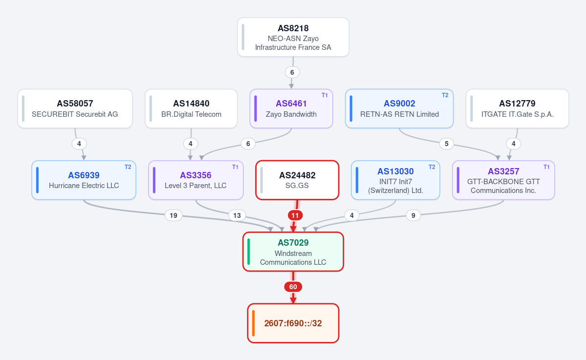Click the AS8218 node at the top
[x=293, y=37]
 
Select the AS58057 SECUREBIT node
[x=75, y=108]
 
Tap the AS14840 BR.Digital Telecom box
[x=191, y=108]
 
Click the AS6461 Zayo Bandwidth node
[x=291, y=108]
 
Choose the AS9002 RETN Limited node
[x=399, y=108]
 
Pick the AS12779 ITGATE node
[x=517, y=108]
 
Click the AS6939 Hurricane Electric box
[x=84, y=180]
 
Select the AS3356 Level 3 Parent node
[x=196, y=180]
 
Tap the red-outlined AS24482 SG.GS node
[x=297, y=180]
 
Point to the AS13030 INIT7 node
[x=395, y=180]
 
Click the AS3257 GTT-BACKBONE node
[x=503, y=180]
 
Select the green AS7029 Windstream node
[x=293, y=252]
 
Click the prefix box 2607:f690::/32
[x=293, y=323]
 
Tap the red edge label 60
[x=293, y=287]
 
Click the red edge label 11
[x=295, y=215]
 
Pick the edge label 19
[x=174, y=215]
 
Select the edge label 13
[x=237, y=215]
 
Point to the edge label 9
[x=413, y=215]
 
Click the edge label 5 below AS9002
[x=446, y=144]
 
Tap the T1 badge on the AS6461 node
[x=325, y=95]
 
